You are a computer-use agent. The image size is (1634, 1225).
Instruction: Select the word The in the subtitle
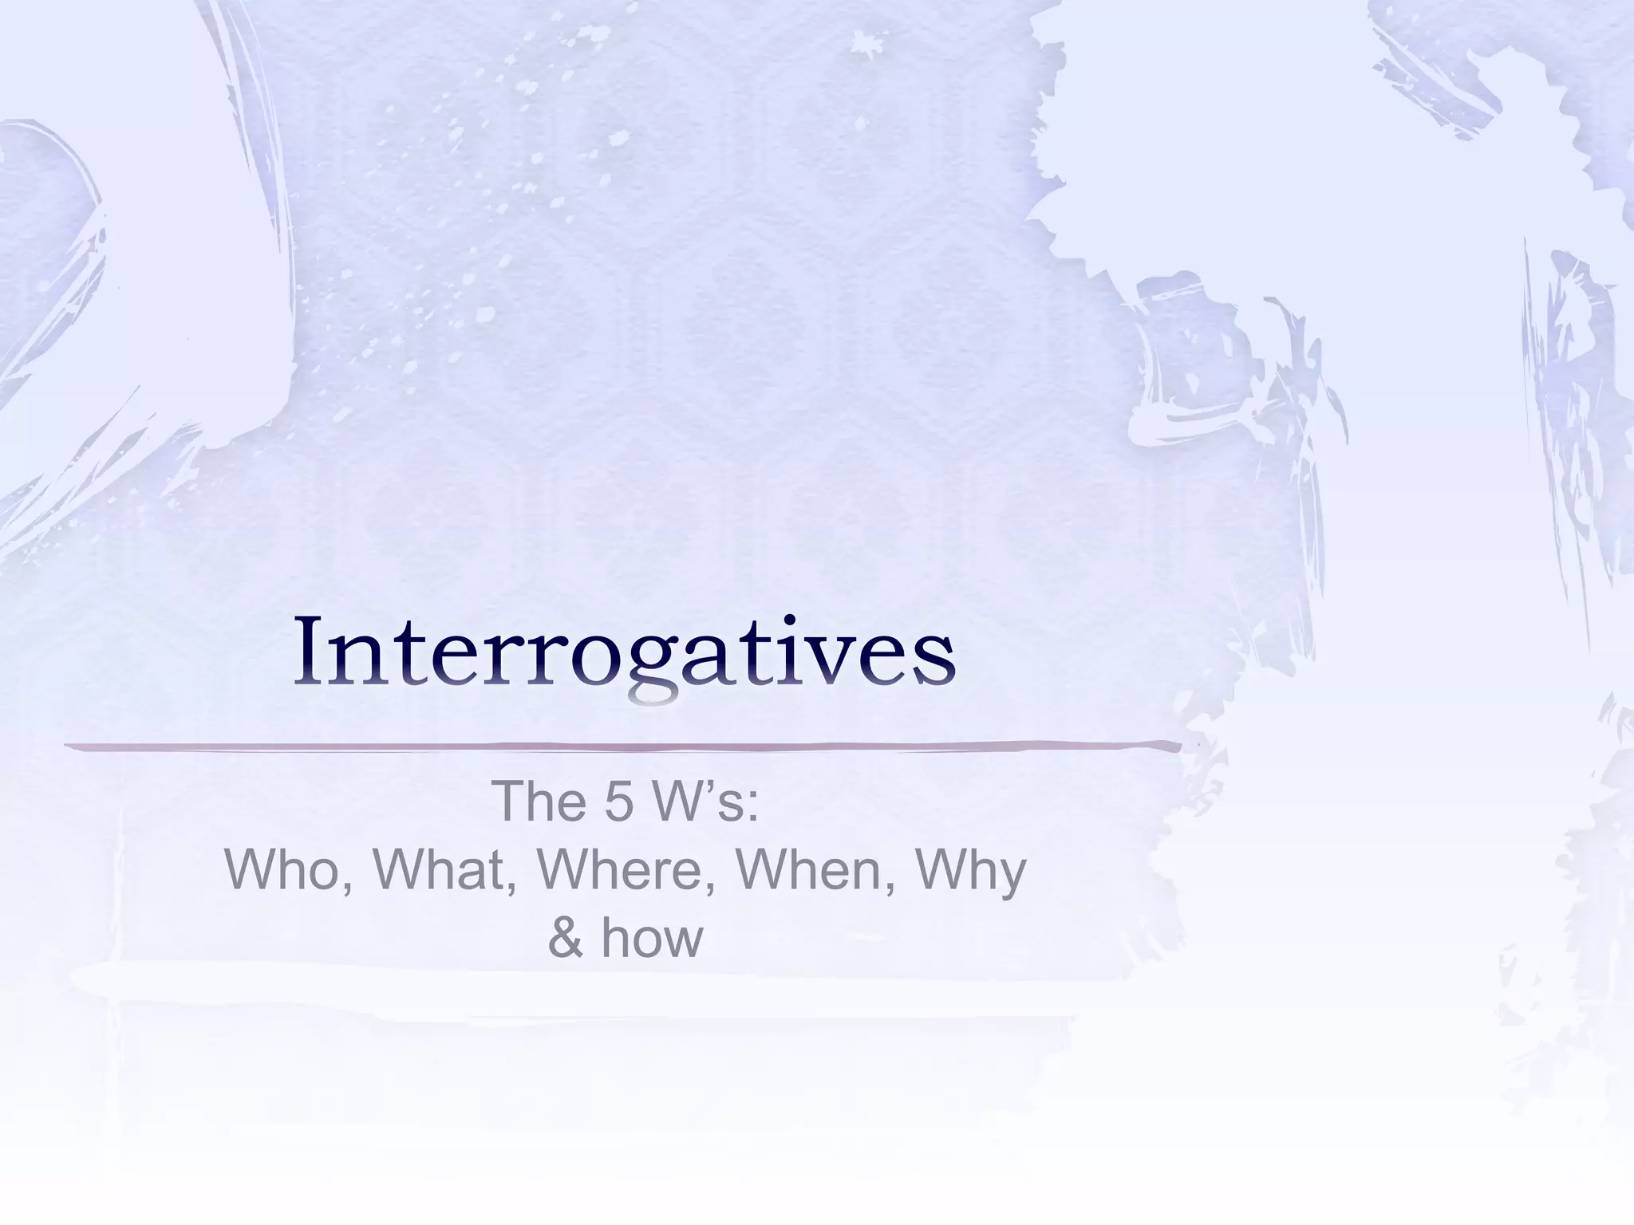(x=541, y=802)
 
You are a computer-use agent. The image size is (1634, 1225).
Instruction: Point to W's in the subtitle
(x=693, y=802)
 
